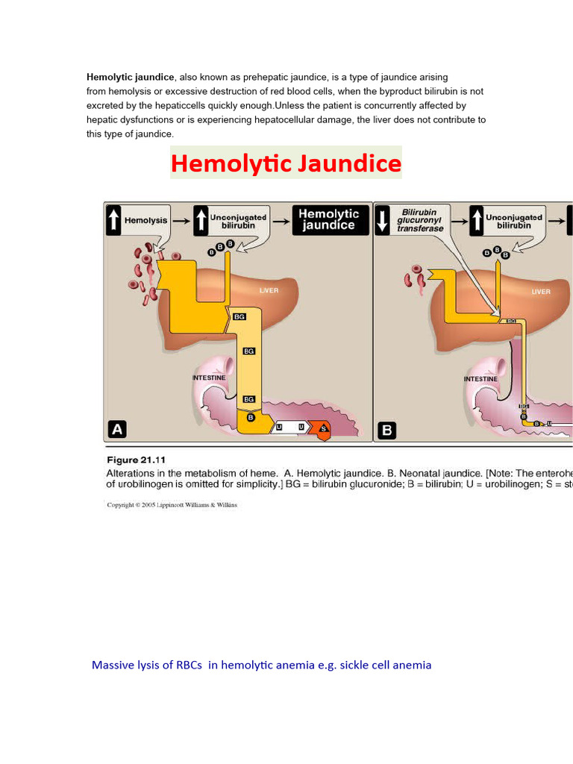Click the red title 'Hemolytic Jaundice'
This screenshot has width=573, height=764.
tap(286, 163)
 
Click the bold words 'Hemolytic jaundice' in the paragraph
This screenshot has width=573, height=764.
tap(131, 77)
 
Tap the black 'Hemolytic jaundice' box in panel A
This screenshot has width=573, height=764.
tap(329, 219)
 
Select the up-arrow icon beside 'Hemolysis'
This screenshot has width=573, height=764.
tap(113, 220)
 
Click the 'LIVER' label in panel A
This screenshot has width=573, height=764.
tap(268, 290)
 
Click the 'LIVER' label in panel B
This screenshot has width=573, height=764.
tap(541, 291)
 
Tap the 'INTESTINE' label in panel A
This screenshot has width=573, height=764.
tap(209, 378)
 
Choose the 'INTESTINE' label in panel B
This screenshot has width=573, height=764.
tap(480, 379)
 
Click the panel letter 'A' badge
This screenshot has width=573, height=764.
tap(118, 429)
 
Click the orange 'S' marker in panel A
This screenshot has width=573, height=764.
tap(323, 428)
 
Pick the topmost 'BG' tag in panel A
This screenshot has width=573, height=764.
tap(239, 317)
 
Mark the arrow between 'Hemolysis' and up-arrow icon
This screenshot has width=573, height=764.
tap(181, 220)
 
